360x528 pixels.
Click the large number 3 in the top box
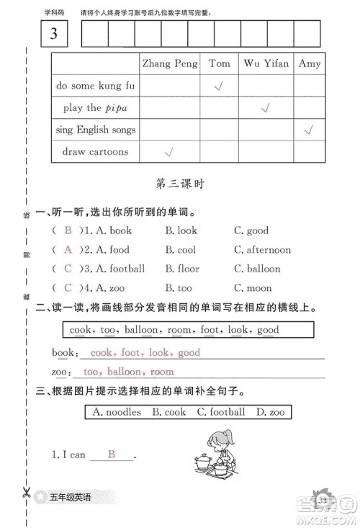(x=56, y=33)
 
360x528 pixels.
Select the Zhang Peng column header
(x=170, y=63)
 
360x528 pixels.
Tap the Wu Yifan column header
(x=266, y=63)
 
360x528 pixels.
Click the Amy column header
(x=310, y=63)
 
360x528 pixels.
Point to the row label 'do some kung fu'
(x=95, y=86)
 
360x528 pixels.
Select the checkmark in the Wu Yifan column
(x=265, y=108)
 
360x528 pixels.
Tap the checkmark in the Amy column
(x=310, y=130)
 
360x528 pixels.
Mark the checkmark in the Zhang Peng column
(x=170, y=152)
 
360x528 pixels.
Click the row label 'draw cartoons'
(x=95, y=152)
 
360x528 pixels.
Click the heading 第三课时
(x=180, y=184)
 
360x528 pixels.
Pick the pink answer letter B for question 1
(x=68, y=231)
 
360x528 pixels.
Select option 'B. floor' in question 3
(x=182, y=269)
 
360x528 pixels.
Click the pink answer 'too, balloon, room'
(x=128, y=372)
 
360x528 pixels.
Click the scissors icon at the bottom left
(x=25, y=494)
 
